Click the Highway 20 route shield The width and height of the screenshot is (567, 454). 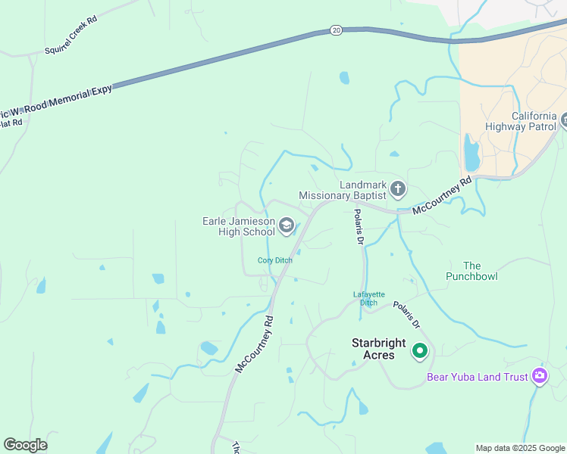[x=336, y=30]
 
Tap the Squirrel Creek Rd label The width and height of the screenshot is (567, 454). [x=72, y=36]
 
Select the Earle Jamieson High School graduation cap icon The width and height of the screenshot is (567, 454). [x=287, y=224]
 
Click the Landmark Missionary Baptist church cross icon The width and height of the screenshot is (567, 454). [x=397, y=188]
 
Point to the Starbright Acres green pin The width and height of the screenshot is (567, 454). [x=419, y=351]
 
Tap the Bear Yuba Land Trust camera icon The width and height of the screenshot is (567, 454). [x=539, y=375]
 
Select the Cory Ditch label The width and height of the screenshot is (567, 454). [x=274, y=260]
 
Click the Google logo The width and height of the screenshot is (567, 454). [x=25, y=445]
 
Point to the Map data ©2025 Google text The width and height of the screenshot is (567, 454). [x=519, y=448]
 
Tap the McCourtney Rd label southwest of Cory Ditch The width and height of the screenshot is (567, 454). [x=254, y=344]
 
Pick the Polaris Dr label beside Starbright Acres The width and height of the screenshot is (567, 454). [x=407, y=316]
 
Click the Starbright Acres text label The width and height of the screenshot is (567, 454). [x=373, y=349]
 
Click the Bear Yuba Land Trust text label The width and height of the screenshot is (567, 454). [x=478, y=376]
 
